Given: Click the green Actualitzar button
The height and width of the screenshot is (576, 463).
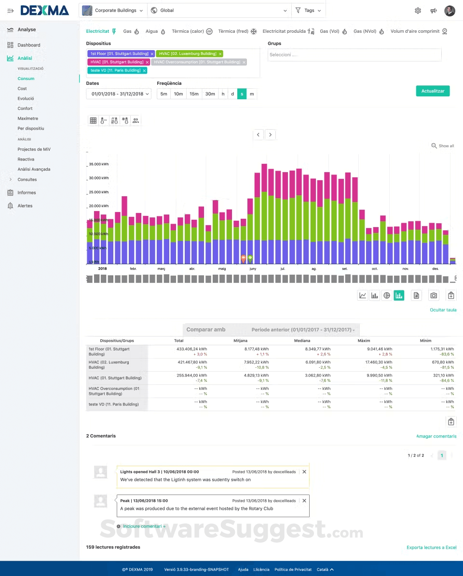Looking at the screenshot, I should point(433,91).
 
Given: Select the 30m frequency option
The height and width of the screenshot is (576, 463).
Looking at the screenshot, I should point(210,94).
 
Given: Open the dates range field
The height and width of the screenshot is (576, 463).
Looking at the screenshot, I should point(119,94).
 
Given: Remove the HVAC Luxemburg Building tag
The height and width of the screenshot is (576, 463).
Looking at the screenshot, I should point(220,54).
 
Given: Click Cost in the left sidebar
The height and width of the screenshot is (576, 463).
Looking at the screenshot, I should point(22,89).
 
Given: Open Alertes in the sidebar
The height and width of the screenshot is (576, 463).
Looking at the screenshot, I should point(25,206).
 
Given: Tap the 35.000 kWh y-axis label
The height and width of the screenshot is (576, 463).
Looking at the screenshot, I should point(99,164).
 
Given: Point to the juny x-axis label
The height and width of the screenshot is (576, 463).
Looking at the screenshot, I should point(253,268).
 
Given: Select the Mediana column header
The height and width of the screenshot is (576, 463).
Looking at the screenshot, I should point(301,340).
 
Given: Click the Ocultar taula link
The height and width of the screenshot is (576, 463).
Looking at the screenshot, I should point(443,310).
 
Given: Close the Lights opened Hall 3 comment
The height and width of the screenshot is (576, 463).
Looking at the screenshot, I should point(304,472).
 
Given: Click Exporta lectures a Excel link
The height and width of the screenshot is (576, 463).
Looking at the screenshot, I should point(431,548).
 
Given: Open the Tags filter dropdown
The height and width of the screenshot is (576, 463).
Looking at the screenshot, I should point(308,10).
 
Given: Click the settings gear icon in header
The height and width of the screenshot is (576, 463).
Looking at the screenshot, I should point(418,11).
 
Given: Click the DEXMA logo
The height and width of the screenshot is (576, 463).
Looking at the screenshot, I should point(44,10).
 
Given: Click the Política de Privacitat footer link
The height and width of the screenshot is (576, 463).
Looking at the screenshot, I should point(293,569).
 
